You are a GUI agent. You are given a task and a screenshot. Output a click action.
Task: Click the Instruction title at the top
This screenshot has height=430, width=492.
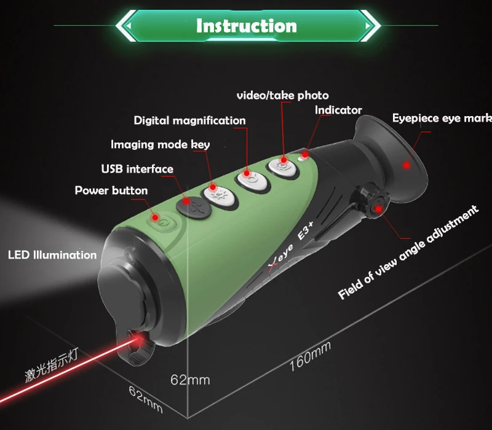coord(246,26)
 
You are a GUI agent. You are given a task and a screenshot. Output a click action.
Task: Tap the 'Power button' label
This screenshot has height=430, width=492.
coord(111,190)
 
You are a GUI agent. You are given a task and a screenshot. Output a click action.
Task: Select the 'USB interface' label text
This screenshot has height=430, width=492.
coord(137,169)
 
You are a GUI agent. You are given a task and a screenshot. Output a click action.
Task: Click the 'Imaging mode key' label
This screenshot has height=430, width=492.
coord(160,145)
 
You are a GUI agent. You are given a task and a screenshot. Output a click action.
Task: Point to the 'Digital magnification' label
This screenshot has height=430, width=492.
coord(189,120)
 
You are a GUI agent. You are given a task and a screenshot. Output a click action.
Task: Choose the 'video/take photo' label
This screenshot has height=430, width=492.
coord(283,95)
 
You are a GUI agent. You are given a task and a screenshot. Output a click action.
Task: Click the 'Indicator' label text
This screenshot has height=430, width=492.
coord(338,111)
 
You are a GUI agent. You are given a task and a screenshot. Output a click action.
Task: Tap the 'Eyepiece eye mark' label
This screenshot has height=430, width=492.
coord(442,118)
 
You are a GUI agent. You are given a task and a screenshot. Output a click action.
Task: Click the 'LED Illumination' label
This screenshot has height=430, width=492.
coord(52,254)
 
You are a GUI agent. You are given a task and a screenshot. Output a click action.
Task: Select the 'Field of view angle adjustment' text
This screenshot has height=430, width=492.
coord(408,252)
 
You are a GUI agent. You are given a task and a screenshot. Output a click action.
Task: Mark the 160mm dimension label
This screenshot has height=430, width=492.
coord(310,356)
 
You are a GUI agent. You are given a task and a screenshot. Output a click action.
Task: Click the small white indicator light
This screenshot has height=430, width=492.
coord(303,157)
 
